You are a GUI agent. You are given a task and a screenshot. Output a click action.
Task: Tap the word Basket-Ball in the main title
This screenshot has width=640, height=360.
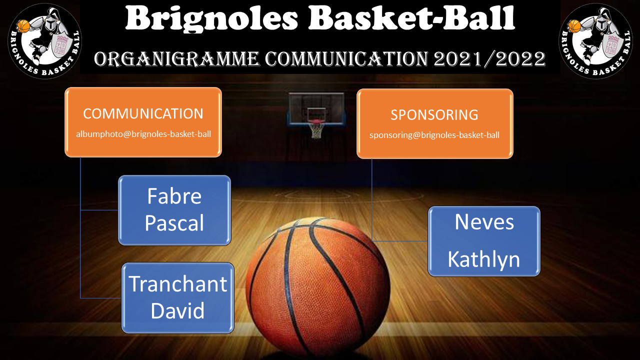411,17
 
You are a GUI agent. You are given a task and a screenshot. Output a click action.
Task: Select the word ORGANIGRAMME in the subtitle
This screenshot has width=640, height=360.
176,59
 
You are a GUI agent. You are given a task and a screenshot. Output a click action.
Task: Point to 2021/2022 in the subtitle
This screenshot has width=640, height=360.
489,59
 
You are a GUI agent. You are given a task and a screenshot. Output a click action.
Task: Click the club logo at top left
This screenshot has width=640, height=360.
45,41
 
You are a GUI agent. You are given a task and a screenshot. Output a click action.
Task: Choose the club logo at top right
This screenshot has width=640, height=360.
595,41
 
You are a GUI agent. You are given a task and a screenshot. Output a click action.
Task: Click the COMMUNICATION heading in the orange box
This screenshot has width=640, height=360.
143,113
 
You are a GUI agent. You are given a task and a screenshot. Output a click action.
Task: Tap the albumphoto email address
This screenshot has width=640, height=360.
143,134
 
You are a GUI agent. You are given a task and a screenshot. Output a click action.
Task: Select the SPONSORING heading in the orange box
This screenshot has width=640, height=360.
434,115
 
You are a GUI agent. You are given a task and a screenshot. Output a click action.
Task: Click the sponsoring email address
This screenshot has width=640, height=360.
434,135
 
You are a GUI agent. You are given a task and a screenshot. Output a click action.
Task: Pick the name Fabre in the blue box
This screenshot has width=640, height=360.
174,196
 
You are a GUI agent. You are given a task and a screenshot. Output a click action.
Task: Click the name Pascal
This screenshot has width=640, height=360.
174,223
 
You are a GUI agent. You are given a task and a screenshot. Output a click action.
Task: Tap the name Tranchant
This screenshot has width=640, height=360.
177,284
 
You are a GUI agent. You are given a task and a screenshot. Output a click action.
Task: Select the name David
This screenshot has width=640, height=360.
177,310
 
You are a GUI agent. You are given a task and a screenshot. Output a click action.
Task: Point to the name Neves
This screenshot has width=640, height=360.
484,222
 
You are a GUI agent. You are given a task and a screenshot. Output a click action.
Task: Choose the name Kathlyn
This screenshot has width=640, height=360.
483,259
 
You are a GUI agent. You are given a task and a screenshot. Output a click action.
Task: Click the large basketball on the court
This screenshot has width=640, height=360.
317,287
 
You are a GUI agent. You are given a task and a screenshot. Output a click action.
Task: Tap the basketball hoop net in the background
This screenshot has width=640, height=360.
316,129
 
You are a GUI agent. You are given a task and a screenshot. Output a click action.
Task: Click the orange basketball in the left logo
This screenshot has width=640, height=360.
23,26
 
